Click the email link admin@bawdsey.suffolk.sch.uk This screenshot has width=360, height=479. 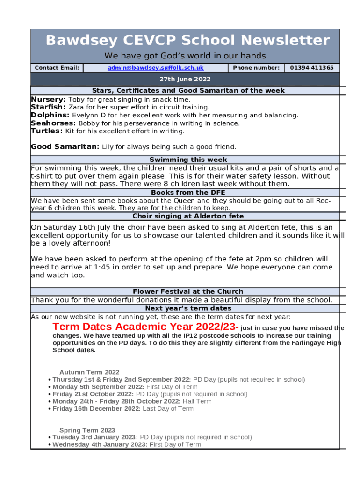pos(156,68)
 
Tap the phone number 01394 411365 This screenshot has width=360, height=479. pos(312,68)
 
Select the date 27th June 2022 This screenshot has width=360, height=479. pos(185,79)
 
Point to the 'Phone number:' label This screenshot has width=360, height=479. pos(256,68)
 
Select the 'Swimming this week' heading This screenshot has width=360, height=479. pos(188,160)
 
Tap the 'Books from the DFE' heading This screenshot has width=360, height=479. pos(188,192)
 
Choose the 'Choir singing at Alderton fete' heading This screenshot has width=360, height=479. pos(188,216)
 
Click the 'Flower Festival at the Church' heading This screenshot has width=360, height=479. pos(188,291)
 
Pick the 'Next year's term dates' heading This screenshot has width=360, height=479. pos(188,308)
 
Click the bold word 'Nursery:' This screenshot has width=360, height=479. pos(48,99)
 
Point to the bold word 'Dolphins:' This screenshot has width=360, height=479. pos(50,115)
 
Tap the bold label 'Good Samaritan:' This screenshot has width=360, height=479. pos(65,146)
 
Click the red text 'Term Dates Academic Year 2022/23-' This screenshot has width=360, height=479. pos(146,327)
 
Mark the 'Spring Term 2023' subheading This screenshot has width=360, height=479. pos(87,430)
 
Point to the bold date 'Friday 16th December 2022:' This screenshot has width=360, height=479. pos(96,408)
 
